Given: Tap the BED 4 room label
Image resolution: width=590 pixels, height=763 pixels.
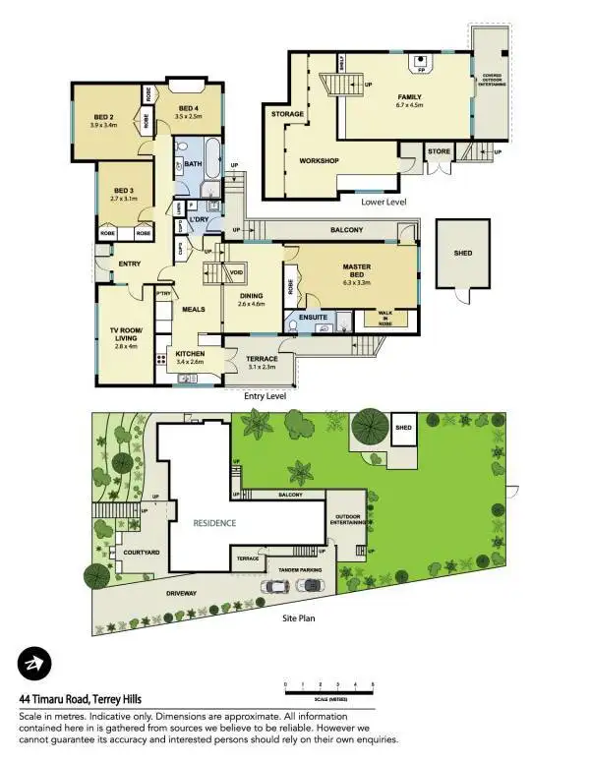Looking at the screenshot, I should [x=188, y=108].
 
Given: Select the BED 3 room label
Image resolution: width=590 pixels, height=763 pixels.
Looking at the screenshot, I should [x=123, y=191].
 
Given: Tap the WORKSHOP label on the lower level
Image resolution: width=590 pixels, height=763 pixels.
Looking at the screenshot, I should [x=319, y=160].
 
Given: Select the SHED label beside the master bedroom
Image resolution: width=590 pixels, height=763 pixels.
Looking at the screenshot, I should [x=462, y=253].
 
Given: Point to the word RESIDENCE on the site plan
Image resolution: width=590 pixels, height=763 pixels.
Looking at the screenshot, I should [x=213, y=523].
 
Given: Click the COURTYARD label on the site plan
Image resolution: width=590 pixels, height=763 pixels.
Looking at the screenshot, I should [x=128, y=553].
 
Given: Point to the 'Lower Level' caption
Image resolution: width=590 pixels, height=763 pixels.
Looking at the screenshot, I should [x=383, y=201].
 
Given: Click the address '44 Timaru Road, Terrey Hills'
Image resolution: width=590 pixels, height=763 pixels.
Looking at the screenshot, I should [x=88, y=699].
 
